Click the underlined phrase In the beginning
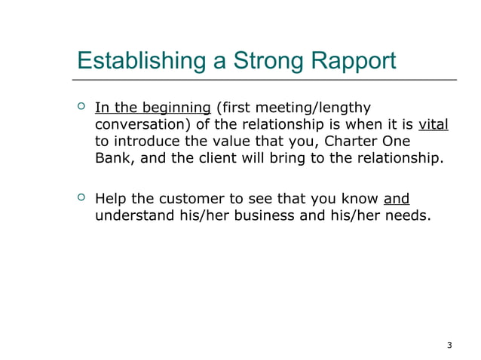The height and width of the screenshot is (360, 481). pyautogui.click(x=153, y=108)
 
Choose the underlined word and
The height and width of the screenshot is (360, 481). pyautogui.click(x=397, y=200)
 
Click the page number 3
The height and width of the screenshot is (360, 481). pyautogui.click(x=449, y=346)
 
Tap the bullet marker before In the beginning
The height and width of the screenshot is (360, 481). pyautogui.click(x=81, y=108)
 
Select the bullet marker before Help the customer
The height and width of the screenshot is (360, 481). pyautogui.click(x=81, y=199)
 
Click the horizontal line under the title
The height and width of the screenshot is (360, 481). pyautogui.click(x=264, y=79)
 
